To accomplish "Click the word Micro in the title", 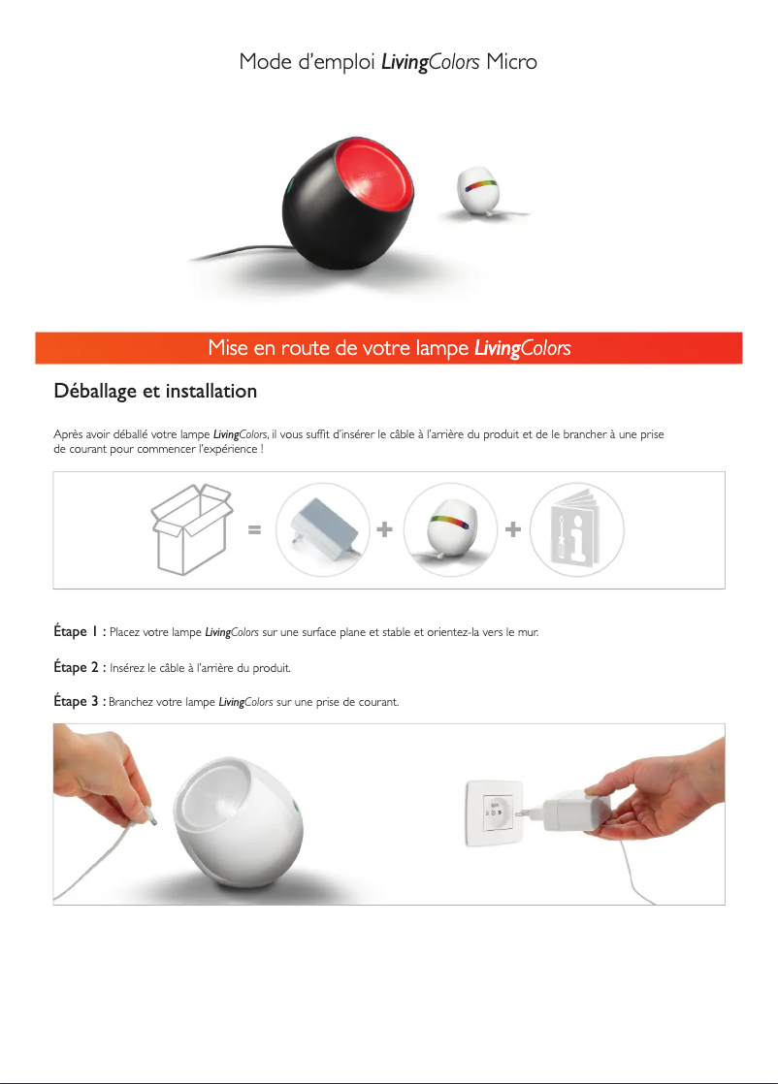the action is pos(511,61).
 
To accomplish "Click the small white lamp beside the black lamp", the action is pos(478,189).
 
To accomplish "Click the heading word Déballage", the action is pos(95,392).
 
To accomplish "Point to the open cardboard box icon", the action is pos(191,528).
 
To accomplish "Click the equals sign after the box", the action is pos(254,530).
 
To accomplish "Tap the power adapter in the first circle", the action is pos(324,528).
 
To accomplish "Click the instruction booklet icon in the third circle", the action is pos(576,528).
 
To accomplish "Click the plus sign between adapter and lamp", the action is pos(384,529).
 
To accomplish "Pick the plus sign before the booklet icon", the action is pos(513,529).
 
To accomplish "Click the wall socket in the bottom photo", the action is pos(494,813).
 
